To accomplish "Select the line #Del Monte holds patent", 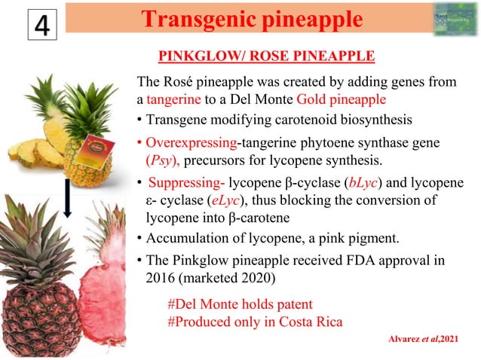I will pos(239,304).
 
